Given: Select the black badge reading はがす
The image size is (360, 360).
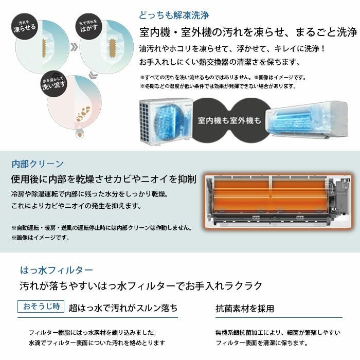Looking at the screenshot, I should point(89,25).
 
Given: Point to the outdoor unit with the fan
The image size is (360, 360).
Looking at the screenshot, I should point(164,118).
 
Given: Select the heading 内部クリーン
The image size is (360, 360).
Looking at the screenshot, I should point(37,164).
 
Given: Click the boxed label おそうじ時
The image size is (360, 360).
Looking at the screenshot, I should point(41,307).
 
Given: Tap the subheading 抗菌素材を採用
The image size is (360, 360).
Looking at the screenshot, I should point(244,309).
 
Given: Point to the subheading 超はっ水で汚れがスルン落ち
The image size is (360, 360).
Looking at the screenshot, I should point(123,308).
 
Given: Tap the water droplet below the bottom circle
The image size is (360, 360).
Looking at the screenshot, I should point(80,133).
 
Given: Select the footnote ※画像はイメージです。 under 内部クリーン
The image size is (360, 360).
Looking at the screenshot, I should point(41,238).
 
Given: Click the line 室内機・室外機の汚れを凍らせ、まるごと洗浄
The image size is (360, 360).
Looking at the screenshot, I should point(248,33).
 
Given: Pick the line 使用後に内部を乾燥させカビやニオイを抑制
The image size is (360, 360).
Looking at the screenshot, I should point(103,179).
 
